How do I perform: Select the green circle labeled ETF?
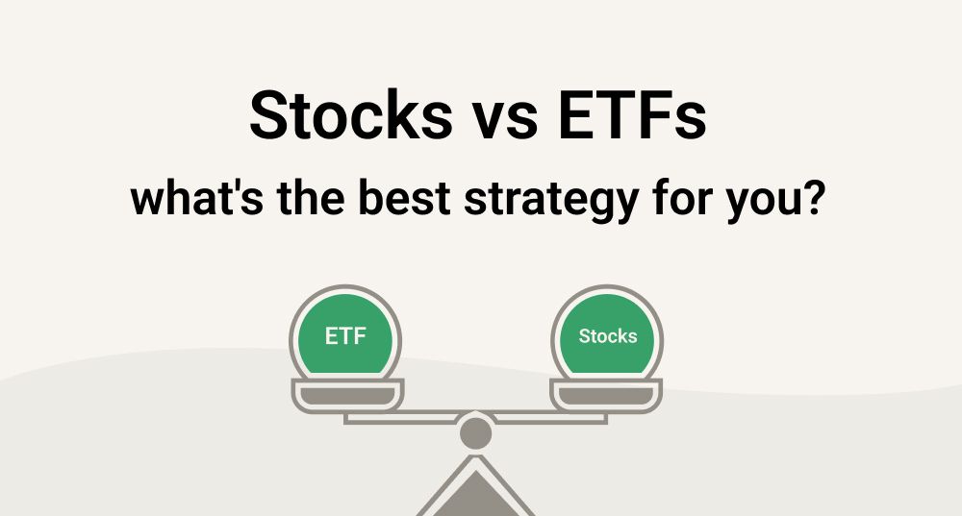pyautogui.click(x=346, y=338)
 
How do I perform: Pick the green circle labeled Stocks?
pyautogui.click(x=607, y=338)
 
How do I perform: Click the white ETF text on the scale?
pyautogui.click(x=346, y=337)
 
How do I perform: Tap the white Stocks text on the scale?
pyautogui.click(x=607, y=337)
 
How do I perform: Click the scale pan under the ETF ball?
pyautogui.click(x=347, y=394)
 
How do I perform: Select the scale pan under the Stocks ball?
pyautogui.click(x=607, y=394)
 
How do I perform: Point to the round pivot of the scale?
pyautogui.click(x=476, y=432)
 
